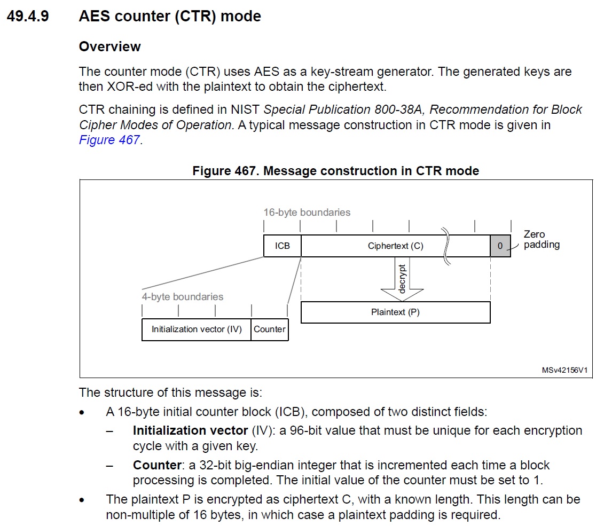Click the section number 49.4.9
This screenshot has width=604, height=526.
point(27,17)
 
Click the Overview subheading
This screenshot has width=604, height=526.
point(109,46)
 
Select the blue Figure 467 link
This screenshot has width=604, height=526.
point(109,140)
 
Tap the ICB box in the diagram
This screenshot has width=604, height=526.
point(282,246)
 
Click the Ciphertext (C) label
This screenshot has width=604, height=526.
point(395,246)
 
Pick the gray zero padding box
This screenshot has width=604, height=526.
point(500,246)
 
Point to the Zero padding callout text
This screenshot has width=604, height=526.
point(541,240)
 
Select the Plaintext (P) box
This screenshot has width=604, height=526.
point(395,312)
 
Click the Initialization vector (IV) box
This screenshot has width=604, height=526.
point(197,329)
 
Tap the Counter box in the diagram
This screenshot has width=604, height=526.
point(270,329)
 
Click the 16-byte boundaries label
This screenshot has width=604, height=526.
point(307,213)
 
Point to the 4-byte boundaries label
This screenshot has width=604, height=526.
point(182,297)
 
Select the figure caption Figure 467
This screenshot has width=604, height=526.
point(335,171)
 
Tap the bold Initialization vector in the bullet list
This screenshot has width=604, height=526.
point(190,430)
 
